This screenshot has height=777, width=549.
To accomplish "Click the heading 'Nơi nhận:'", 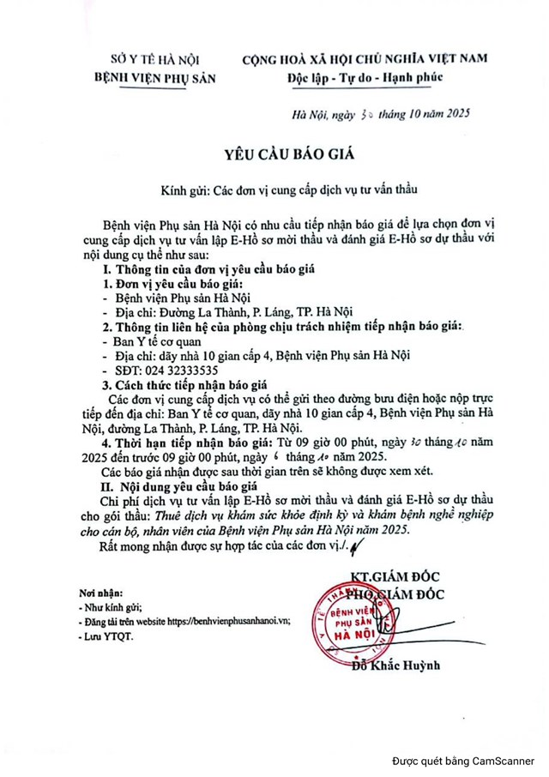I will (x=99, y=591).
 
